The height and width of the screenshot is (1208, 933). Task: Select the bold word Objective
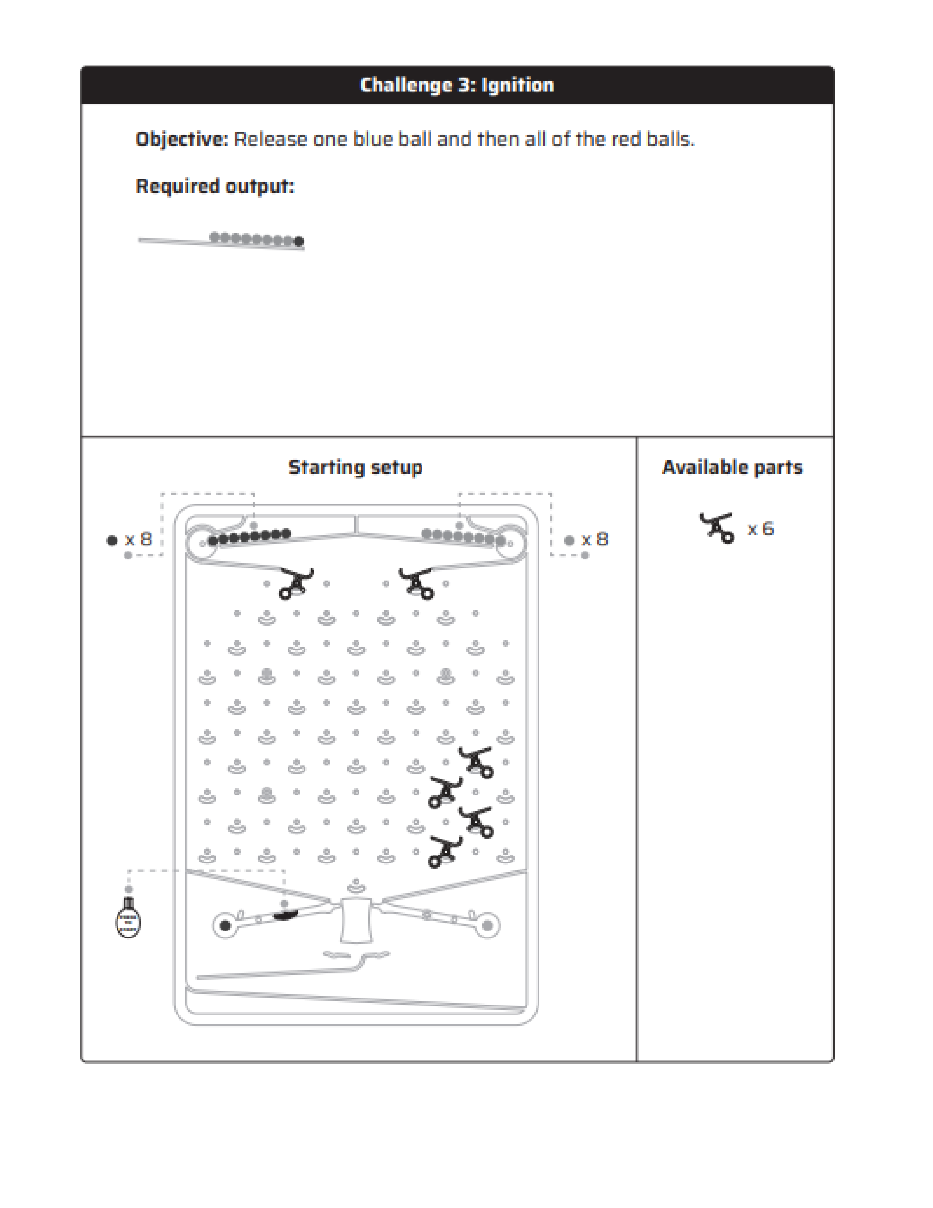[181, 139]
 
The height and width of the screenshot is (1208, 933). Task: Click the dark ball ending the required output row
[299, 241]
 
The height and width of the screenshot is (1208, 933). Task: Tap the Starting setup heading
[355, 467]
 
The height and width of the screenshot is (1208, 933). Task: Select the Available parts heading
[732, 467]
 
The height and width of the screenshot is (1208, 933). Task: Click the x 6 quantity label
[761, 529]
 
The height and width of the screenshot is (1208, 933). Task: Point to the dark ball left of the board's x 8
[112, 540]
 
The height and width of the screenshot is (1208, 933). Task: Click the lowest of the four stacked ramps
[445, 852]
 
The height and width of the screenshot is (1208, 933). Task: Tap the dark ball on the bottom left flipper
[225, 925]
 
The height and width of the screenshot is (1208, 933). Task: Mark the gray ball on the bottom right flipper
[487, 925]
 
